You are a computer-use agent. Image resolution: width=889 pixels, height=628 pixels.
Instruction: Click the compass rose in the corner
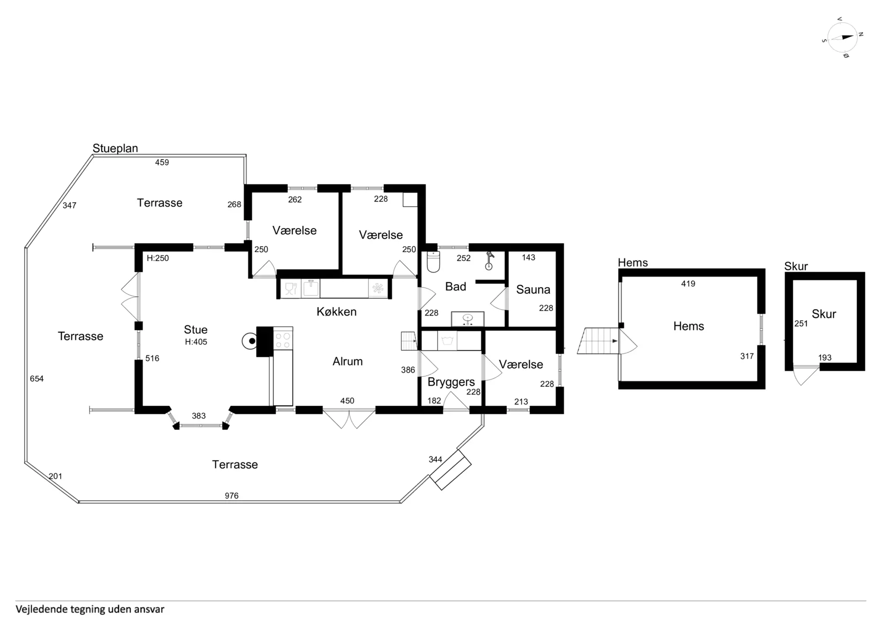point(842,37)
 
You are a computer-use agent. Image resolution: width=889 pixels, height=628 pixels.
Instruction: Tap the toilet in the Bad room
point(433,261)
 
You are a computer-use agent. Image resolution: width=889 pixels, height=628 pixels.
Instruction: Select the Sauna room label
point(533,290)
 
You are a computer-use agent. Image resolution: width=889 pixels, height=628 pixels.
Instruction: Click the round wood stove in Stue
point(250,341)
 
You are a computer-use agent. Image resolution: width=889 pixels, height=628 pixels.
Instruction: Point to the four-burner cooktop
point(282,339)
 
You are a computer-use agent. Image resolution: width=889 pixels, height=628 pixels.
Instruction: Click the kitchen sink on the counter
point(311,288)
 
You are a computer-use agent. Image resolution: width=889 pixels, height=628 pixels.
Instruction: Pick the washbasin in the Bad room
point(468,319)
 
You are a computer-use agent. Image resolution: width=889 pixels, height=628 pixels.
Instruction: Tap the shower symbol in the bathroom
point(489,261)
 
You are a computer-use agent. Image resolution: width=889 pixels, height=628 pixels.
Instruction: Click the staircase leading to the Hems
point(598,341)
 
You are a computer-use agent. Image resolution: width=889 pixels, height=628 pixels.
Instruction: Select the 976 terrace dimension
point(232,496)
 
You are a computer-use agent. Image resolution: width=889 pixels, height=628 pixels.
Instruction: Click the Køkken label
point(337,312)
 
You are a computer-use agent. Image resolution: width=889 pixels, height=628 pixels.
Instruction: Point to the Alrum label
point(347,361)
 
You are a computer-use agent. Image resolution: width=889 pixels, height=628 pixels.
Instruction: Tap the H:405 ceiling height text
point(196,342)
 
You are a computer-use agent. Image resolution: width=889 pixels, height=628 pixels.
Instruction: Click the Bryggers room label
point(451,382)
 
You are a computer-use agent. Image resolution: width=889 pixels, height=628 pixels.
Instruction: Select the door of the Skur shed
point(806,375)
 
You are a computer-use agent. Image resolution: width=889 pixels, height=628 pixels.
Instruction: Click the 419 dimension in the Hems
point(688,284)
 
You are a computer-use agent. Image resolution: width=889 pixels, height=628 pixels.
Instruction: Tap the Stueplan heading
point(115,149)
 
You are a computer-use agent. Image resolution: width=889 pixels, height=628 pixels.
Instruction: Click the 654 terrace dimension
point(37,379)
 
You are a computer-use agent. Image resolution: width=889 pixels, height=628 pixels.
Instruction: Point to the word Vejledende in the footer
point(41,609)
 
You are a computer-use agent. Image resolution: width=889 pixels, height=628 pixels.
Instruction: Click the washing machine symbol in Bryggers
point(447,341)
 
